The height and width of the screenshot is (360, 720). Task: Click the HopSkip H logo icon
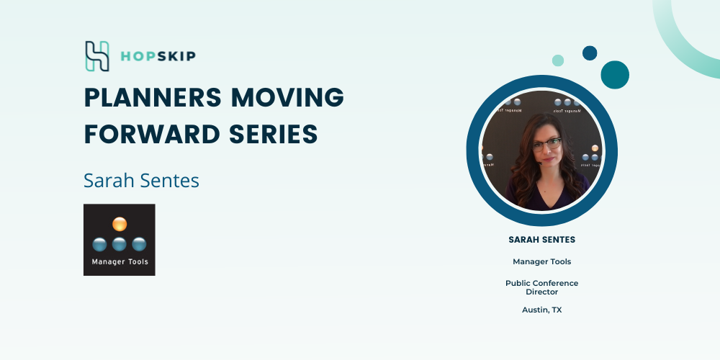point(97,56)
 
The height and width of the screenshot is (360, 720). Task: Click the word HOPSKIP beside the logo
point(158,56)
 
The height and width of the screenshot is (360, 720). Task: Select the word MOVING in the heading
point(287,97)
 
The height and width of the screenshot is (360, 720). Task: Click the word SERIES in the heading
point(273,134)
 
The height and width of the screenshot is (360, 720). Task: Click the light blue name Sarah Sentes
point(141,181)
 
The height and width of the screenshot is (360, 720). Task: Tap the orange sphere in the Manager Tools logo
point(120,224)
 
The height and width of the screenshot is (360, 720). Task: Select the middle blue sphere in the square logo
point(120,244)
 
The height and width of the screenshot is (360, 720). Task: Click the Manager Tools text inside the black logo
point(120,262)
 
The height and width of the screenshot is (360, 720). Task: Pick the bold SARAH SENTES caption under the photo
point(542,240)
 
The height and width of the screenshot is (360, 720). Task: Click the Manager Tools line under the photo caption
point(542,262)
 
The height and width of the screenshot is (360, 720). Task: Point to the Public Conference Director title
point(542,287)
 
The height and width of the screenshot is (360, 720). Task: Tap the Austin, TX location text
point(542,310)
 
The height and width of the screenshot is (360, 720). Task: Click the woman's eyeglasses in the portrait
point(546,145)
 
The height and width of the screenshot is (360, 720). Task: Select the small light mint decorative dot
point(558,60)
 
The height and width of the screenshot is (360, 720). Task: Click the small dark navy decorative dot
point(590,53)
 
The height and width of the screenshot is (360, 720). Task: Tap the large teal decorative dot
point(615,75)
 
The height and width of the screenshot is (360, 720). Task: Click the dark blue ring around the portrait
point(473,150)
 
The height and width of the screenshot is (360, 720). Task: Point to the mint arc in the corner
point(675,46)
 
